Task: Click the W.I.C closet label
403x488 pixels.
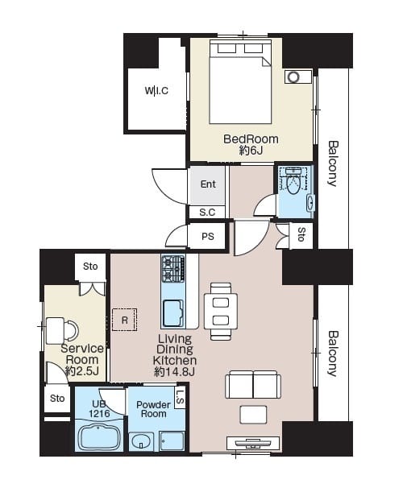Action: pyautogui.click(x=156, y=90)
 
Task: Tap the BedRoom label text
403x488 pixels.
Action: pyautogui.click(x=251, y=139)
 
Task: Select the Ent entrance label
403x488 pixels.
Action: pyautogui.click(x=208, y=184)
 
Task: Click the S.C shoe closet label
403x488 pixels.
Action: pyautogui.click(x=207, y=213)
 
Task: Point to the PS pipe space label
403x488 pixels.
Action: pyautogui.click(x=208, y=237)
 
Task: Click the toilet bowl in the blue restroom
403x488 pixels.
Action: pyautogui.click(x=293, y=185)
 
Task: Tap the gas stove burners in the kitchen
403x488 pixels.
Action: pyautogui.click(x=173, y=269)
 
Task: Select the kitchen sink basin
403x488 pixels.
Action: pyautogui.click(x=172, y=313)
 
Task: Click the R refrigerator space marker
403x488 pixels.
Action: pyautogui.click(x=125, y=320)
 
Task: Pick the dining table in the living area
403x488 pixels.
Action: pyautogui.click(x=221, y=311)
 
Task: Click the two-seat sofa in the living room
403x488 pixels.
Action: pyautogui.click(x=253, y=385)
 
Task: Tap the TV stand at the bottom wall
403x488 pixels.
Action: pyautogui.click(x=253, y=443)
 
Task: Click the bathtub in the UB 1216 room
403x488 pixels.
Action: pyautogui.click(x=98, y=438)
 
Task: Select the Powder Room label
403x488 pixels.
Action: pyautogui.click(x=153, y=409)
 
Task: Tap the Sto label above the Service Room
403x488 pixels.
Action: pyautogui.click(x=90, y=266)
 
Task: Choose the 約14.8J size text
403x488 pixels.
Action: pyautogui.click(x=174, y=371)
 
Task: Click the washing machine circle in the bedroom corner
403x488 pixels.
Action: pyautogui.click(x=293, y=77)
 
